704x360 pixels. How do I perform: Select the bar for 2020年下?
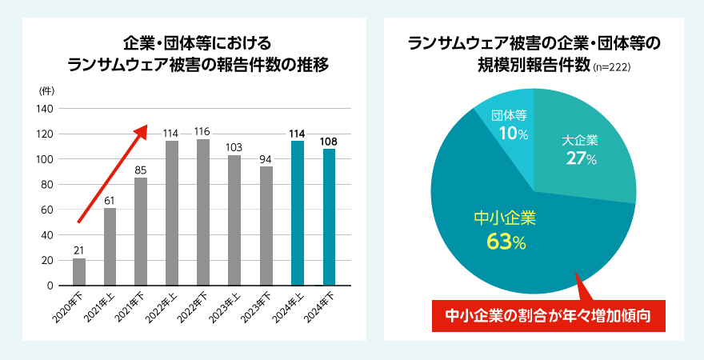[79, 271]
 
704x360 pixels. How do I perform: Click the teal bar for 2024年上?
[298, 213]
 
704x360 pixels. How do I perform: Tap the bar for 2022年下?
[203, 212]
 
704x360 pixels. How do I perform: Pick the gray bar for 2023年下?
[266, 226]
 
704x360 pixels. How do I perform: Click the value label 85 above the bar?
[141, 170]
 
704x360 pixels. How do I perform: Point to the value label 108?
[328, 142]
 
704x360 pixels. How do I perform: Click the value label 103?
[234, 147]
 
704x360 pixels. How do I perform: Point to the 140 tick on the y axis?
[45, 109]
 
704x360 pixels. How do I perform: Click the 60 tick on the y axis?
[47, 210]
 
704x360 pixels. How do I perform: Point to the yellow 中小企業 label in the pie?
[504, 218]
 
